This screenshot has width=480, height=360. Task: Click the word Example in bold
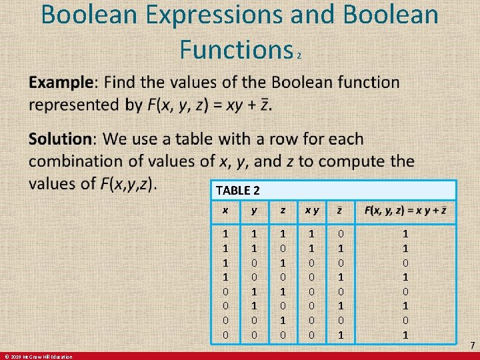pyautogui.click(x=61, y=83)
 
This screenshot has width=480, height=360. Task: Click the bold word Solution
pyautogui.click(x=60, y=139)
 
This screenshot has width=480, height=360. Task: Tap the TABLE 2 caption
pyautogui.click(x=237, y=190)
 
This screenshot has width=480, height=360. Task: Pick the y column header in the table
pyautogui.click(x=253, y=211)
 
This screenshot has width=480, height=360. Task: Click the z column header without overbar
pyautogui.click(x=283, y=211)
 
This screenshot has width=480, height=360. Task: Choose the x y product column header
pyautogui.click(x=311, y=211)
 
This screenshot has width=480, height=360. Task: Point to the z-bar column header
pyautogui.click(x=341, y=211)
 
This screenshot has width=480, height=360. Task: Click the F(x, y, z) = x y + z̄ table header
pyautogui.click(x=405, y=211)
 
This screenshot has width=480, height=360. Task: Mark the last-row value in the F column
pyautogui.click(x=405, y=334)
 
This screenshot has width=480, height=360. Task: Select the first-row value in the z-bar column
pyautogui.click(x=341, y=233)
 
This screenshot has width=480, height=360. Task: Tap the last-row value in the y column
pyautogui.click(x=253, y=334)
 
